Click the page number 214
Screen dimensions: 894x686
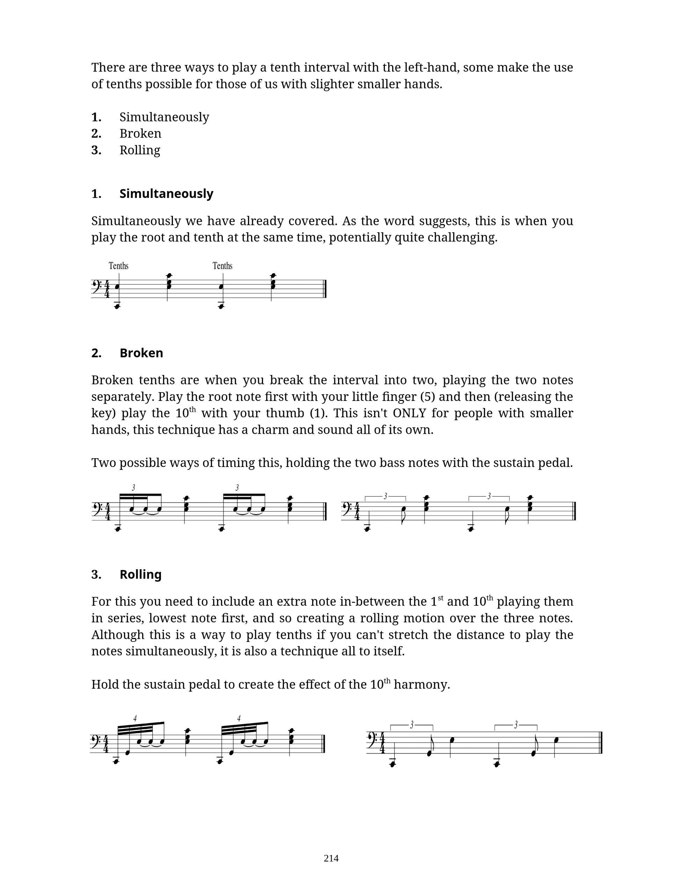click(331, 858)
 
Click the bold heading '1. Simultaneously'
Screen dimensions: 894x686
click(152, 193)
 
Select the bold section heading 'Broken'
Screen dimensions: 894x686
click(141, 353)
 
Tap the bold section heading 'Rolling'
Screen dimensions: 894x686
click(140, 574)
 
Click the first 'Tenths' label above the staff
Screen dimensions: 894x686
click(118, 266)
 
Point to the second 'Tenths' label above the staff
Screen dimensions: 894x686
click(222, 266)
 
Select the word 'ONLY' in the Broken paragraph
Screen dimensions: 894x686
click(409, 413)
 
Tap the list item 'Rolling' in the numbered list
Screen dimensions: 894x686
click(140, 150)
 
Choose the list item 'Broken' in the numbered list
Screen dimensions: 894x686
click(140, 133)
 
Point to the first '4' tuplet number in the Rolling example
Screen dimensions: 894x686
click(135, 718)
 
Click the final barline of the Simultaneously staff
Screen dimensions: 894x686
click(326, 288)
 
